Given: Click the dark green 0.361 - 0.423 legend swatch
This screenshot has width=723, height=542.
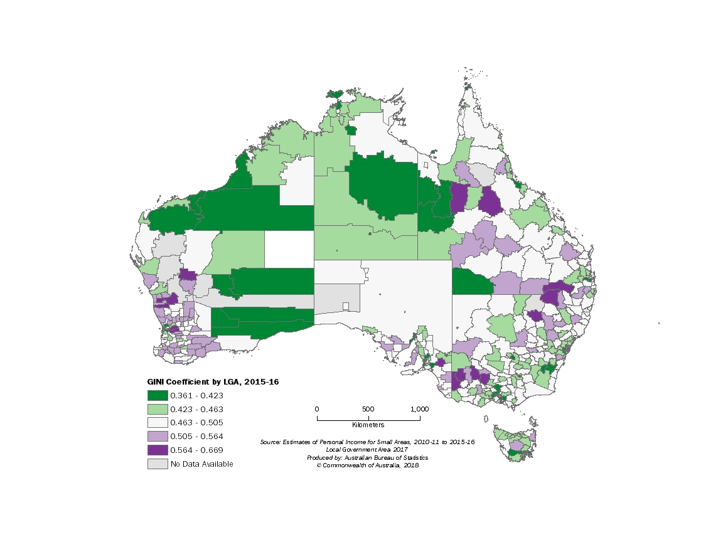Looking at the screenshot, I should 158,395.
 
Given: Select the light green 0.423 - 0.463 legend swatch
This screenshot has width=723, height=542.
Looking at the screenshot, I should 158,409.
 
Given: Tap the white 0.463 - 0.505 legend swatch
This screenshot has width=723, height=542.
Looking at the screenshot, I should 158,423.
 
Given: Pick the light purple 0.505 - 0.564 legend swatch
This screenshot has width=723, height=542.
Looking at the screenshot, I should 158,437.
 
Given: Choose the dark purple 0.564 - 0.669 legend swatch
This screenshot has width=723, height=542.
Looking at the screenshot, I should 158,450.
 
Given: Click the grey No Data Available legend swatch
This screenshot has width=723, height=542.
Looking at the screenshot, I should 158,464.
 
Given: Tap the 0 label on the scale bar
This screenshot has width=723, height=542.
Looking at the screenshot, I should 317,409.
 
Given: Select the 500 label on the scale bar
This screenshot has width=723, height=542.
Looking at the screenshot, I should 368,409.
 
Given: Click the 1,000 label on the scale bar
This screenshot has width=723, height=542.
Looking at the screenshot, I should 419,409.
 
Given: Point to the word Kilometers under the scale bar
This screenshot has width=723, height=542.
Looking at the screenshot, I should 368,425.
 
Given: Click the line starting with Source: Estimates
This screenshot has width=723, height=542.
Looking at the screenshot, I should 367,442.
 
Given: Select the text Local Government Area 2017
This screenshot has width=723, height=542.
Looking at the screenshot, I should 367,450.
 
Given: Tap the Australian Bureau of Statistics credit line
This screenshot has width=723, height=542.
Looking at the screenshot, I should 367,457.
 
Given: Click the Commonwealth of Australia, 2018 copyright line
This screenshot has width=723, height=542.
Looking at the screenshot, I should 367,465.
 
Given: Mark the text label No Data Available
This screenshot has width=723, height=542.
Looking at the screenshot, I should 201,464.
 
